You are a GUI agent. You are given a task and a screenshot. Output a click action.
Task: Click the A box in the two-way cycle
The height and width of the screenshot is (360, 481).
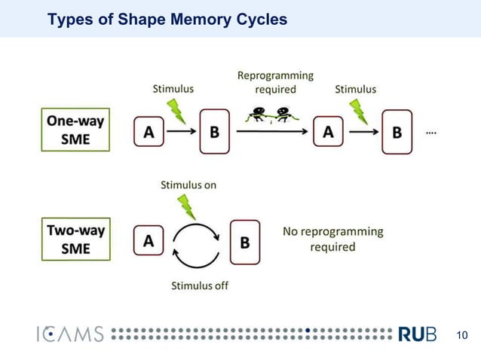(x=149, y=241)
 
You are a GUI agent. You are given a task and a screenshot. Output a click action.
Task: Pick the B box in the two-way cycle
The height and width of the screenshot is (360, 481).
(x=244, y=243)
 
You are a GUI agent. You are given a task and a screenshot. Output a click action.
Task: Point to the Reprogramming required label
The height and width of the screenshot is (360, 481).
(x=275, y=82)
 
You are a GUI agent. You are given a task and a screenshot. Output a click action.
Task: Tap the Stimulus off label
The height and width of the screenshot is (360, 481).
(x=200, y=285)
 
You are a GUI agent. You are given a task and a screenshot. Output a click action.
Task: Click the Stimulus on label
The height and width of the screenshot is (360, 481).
(x=188, y=185)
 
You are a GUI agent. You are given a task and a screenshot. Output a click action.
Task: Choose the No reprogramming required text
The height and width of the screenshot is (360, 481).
(x=332, y=239)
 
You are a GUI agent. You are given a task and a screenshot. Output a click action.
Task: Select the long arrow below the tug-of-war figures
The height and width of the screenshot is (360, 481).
(x=272, y=132)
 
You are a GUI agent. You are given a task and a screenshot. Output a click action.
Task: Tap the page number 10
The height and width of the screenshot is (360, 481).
(x=463, y=335)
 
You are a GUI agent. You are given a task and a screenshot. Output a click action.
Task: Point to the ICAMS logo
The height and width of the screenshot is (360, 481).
(x=69, y=334)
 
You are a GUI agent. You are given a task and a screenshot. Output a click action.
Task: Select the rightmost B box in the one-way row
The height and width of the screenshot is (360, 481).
(x=397, y=132)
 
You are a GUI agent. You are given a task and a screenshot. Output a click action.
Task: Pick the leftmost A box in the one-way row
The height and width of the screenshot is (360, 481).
(x=149, y=132)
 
